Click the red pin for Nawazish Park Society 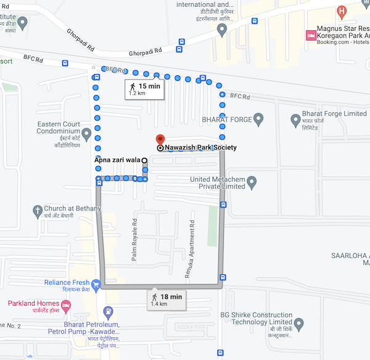[x=160, y=140]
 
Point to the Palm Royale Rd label [x=133, y=240]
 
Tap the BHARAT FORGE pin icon [x=259, y=119]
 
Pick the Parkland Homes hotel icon [x=65, y=304]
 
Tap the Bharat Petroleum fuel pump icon [x=109, y=312]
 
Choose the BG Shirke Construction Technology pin [x=298, y=322]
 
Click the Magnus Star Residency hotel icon [x=311, y=36]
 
